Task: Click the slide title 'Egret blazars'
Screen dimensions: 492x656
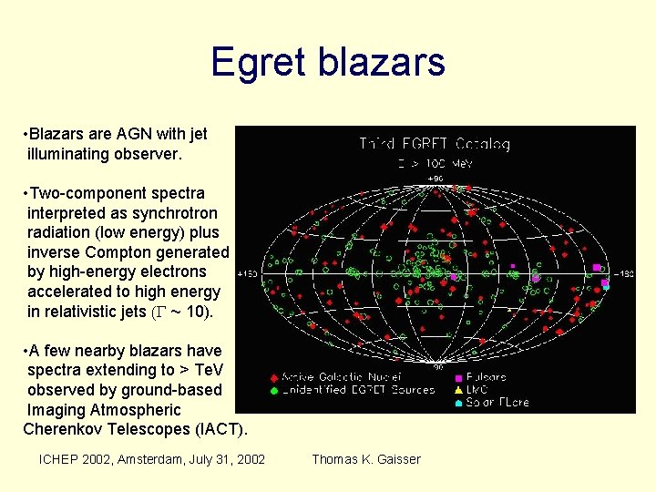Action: [x=327, y=62]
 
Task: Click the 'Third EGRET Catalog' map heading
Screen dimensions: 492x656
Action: [x=434, y=144]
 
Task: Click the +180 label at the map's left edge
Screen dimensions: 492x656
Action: [x=246, y=272]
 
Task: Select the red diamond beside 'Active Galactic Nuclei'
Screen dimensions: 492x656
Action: [x=274, y=377]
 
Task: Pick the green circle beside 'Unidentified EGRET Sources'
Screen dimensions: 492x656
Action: [x=274, y=390]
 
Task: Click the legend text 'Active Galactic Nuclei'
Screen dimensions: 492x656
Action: [x=336, y=377]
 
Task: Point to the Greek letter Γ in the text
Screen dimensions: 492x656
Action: [x=158, y=313]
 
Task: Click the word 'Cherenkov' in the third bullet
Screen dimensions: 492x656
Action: [x=61, y=428]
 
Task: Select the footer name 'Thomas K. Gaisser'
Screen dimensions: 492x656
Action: [x=366, y=459]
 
